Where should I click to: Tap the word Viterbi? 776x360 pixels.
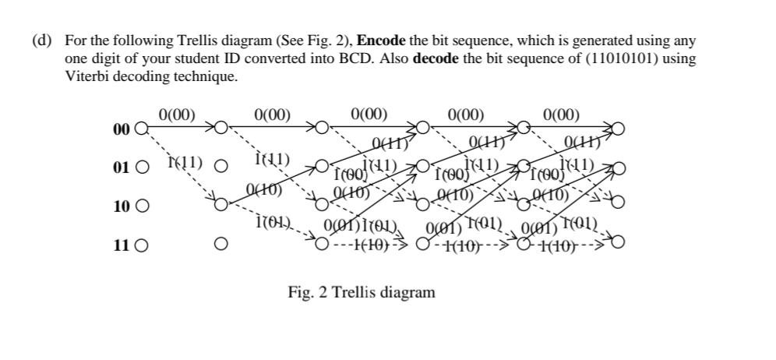(x=86, y=77)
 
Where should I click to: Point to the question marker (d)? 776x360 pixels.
(x=41, y=41)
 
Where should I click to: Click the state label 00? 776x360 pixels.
(x=121, y=129)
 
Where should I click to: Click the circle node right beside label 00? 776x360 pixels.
(x=141, y=129)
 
